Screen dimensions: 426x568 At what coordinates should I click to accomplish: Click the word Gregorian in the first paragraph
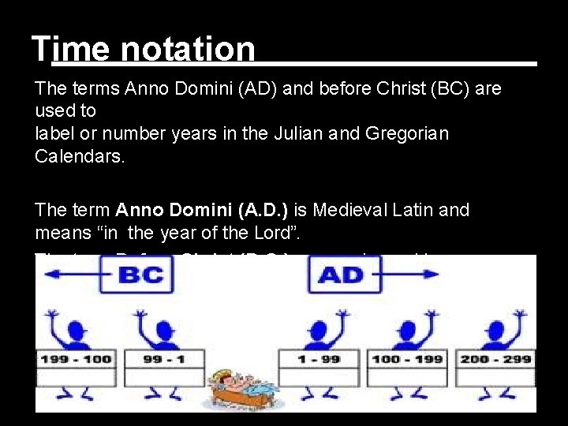point(407,134)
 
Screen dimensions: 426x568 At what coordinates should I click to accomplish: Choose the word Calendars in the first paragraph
point(80,156)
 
